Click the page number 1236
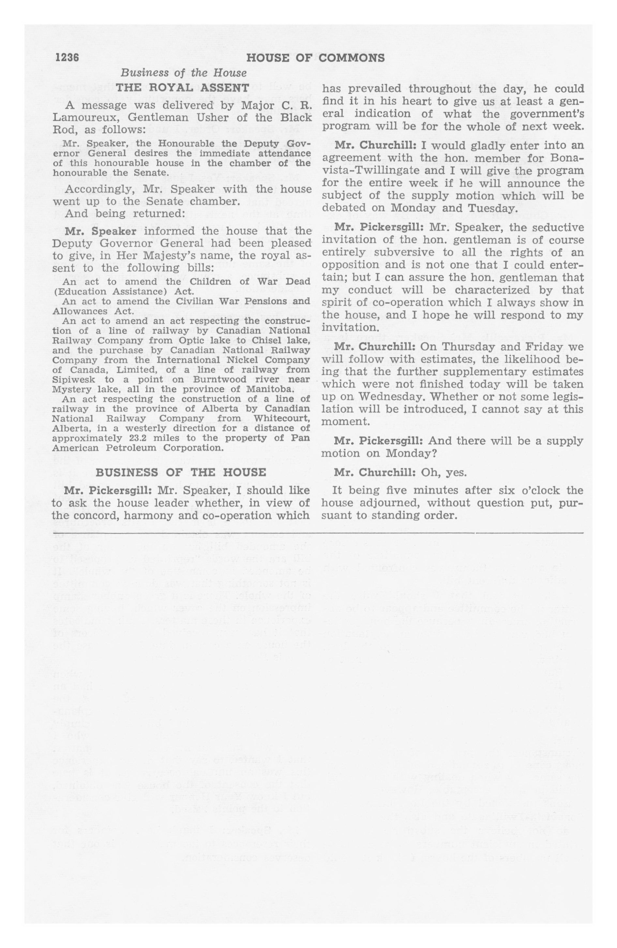coord(68,58)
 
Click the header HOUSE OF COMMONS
coord(315,58)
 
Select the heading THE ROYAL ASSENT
coord(182,88)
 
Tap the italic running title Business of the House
coord(183,73)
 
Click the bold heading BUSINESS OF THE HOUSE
coord(181,472)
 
